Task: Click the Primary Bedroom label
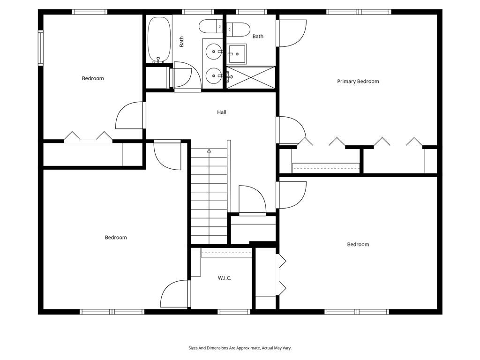pyautogui.click(x=358, y=82)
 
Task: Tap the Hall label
pyautogui.click(x=222, y=112)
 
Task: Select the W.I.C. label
pyautogui.click(x=225, y=278)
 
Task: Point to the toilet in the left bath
pyautogui.click(x=210, y=26)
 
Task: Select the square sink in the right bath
pyautogui.click(x=238, y=54)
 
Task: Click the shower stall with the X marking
pyautogui.click(x=251, y=77)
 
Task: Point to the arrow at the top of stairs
pyautogui.click(x=209, y=151)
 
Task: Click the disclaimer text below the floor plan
pyautogui.click(x=240, y=348)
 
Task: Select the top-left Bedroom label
pyautogui.click(x=93, y=78)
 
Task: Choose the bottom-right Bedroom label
pyautogui.click(x=358, y=244)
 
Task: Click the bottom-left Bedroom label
pyautogui.click(x=116, y=238)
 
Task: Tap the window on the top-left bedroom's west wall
pyautogui.click(x=41, y=48)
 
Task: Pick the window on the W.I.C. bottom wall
pyautogui.click(x=234, y=312)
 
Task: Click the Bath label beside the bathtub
pyautogui.click(x=181, y=42)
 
